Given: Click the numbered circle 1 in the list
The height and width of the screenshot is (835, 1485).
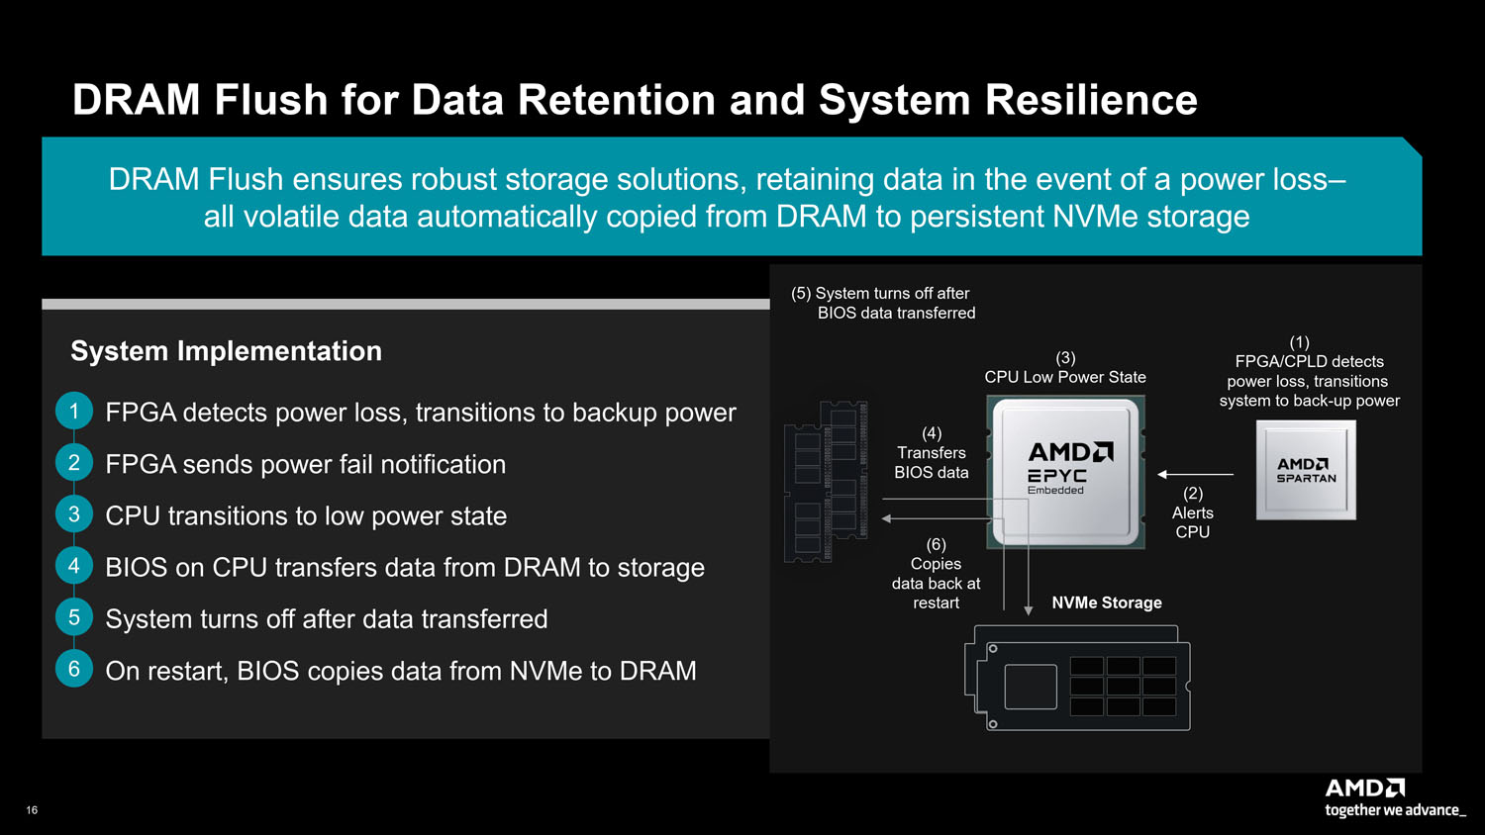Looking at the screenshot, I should point(73,412).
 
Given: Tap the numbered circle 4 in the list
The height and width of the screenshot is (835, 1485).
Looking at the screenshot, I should point(73,566).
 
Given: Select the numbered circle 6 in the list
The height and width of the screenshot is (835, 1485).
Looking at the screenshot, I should point(73,669).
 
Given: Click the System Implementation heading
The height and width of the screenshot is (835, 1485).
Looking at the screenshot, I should point(226,351).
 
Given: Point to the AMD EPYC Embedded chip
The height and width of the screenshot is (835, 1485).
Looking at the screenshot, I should point(1066,471).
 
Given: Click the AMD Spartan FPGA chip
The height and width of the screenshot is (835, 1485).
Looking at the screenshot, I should point(1306,470).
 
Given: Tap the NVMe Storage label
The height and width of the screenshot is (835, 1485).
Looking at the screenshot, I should point(1106,603).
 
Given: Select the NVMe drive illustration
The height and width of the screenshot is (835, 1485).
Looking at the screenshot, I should point(1078,679).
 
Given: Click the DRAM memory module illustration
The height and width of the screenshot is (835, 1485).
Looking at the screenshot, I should point(827,481).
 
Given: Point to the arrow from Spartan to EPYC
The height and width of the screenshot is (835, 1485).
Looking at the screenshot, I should point(1196,475).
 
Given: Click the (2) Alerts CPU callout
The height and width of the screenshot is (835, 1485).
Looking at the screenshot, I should point(1193,512).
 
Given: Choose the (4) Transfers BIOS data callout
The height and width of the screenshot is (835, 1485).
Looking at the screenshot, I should point(931,453).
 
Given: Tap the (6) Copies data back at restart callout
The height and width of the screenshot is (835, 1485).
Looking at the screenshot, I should point(936,574).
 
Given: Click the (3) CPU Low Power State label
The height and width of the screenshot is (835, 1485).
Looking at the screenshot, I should point(1065,368).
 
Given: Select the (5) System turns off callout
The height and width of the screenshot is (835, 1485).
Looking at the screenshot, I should point(883,303).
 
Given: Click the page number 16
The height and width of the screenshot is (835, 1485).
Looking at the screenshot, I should point(32,810).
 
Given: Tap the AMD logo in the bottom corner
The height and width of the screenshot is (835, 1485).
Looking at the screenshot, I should point(1364,789).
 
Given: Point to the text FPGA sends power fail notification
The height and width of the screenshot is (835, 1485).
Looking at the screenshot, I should point(305,464).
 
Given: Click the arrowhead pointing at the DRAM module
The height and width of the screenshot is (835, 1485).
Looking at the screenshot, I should point(887,518).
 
